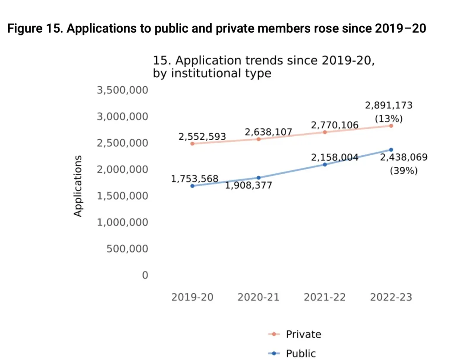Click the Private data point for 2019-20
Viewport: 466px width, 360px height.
192,143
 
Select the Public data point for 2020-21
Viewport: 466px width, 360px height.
258,178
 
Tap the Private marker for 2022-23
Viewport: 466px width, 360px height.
391,125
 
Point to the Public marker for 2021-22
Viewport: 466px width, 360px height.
325,164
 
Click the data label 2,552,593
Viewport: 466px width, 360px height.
202,137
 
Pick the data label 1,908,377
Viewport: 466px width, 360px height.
249,186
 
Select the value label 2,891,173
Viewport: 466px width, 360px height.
389,105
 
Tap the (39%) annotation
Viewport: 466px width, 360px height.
404,171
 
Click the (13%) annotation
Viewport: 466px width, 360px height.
389,119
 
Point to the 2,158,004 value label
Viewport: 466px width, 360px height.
335,157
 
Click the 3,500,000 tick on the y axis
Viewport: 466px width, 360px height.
122,90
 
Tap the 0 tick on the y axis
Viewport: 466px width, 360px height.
145,275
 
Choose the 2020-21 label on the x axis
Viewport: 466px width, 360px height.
258,297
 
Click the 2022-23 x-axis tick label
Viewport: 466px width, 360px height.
391,297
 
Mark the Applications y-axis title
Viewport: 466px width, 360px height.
78,185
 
